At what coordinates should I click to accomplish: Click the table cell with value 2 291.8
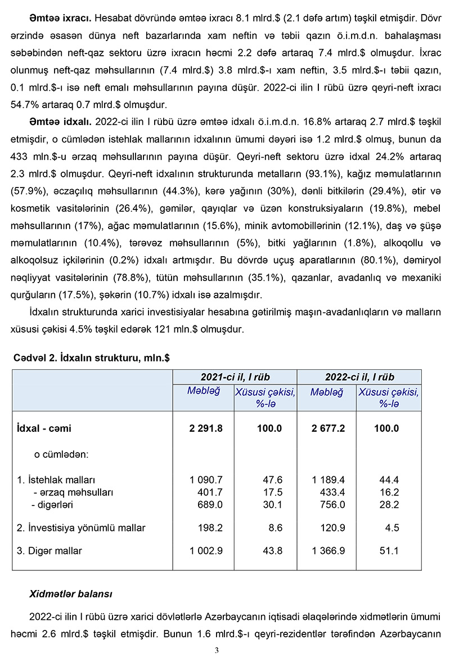tap(206, 428)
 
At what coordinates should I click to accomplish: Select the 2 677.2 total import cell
tap(328, 428)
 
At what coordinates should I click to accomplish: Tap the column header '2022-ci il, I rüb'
tap(359, 377)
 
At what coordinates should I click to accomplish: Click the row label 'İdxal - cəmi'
tap(45, 428)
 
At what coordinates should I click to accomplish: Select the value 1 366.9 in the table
tap(328, 551)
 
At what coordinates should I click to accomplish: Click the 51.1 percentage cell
tap(389, 551)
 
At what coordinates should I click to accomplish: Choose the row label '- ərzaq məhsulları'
tap(74, 492)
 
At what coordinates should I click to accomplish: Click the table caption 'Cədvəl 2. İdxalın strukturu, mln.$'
tap(91, 358)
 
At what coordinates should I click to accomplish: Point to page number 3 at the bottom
tap(217, 650)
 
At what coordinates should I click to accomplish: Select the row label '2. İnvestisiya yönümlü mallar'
tap(82, 528)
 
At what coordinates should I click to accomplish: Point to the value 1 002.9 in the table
tap(206, 551)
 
